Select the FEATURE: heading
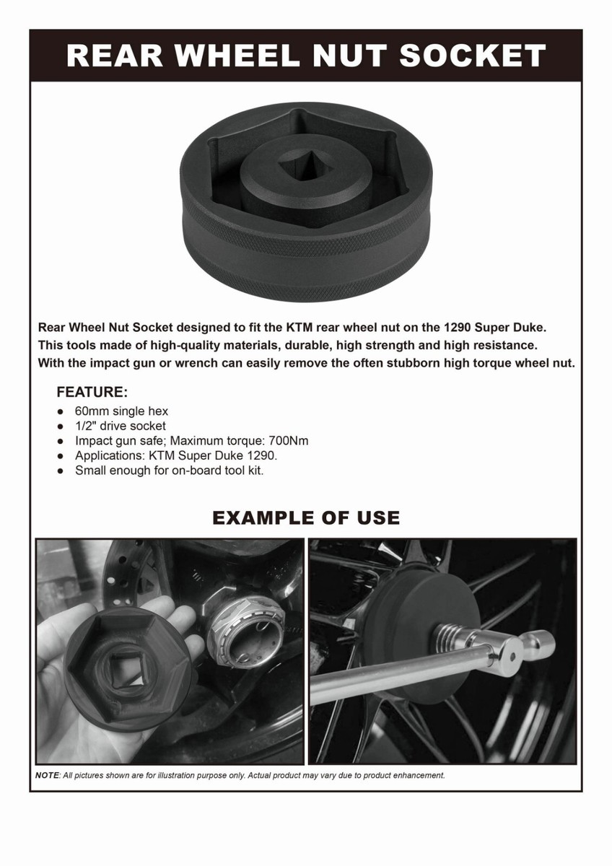tap(92, 393)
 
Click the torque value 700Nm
tap(288, 440)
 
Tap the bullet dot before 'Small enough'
tap(60, 470)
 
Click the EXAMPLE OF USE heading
tap(306, 517)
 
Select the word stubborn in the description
tap(413, 363)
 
